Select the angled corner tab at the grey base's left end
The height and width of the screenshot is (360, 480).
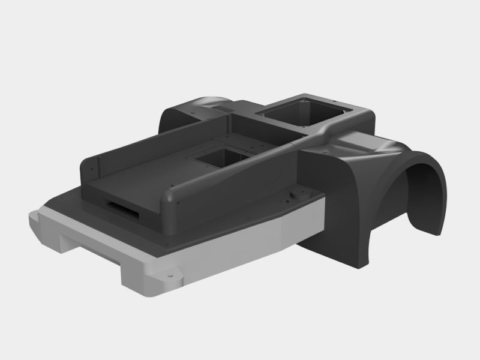(x=37, y=226)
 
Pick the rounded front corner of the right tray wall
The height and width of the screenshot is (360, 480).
(x=171, y=201)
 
